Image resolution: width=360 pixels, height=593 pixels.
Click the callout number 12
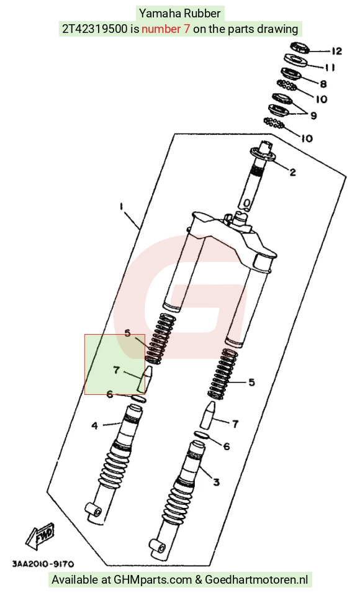coord(336,51)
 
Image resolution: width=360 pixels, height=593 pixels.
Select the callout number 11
coord(330,67)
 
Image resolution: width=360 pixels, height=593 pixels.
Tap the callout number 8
coord(323,84)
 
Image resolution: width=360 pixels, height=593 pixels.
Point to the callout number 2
coord(293,172)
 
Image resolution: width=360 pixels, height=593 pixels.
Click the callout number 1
coord(122,207)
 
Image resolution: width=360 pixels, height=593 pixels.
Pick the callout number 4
coord(94,426)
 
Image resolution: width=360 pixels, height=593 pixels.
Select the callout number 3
coord(216,482)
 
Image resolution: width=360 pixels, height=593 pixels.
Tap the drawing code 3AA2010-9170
coord(43,564)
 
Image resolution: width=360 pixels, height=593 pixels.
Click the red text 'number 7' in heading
coord(166,29)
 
